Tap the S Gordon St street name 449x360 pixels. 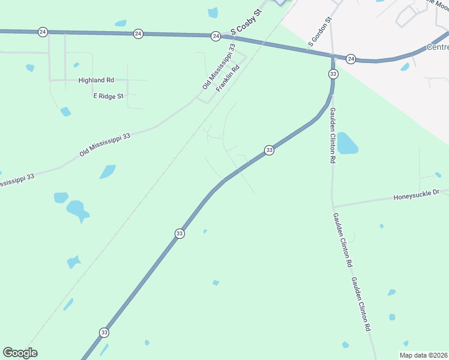(x=320, y=32)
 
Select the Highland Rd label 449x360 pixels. (x=96, y=80)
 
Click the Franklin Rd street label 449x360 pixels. (x=228, y=77)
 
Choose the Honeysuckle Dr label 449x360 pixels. (x=417, y=195)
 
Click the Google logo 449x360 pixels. (x=20, y=353)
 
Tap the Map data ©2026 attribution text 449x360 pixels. (x=423, y=355)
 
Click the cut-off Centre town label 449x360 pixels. (x=437, y=47)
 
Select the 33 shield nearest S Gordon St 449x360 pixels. (x=333, y=73)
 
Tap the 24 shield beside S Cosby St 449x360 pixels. (x=215, y=37)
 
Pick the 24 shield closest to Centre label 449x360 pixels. (x=351, y=58)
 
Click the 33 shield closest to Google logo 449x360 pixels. (x=104, y=332)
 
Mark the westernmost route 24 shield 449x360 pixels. (x=42, y=32)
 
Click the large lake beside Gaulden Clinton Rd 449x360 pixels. (x=347, y=143)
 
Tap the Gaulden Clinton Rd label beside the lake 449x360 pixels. (x=331, y=136)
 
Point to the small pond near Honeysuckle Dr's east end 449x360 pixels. (x=438, y=175)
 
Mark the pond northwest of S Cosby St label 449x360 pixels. (x=212, y=12)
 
